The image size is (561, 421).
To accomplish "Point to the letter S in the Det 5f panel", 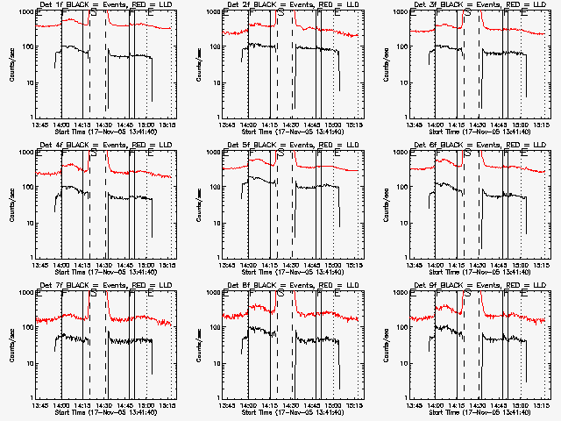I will point(280,153).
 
